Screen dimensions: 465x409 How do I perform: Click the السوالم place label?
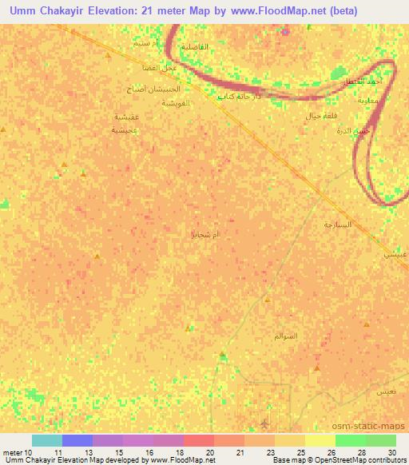[x=308, y=336]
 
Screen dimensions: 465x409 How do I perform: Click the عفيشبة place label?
[x=128, y=116]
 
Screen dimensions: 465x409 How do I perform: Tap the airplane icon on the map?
[x=265, y=423]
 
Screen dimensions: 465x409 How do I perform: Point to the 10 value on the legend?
[x=29, y=452]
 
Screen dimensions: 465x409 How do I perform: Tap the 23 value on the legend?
[x=260, y=452]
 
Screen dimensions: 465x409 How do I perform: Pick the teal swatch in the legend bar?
[x=46, y=440]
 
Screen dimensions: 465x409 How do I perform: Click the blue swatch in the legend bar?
[x=77, y=440]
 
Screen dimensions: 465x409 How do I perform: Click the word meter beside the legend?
[x=13, y=452]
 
